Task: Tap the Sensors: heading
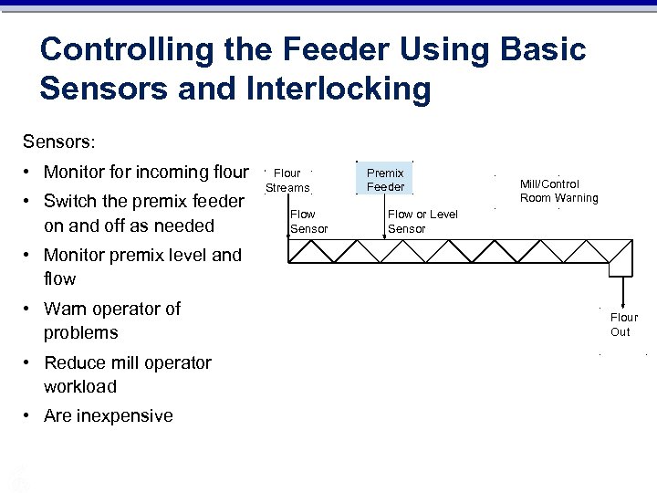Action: (59, 142)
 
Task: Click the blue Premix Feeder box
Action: (385, 180)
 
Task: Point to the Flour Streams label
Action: (287, 180)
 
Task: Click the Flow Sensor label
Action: (308, 221)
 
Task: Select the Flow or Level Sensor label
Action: (422, 221)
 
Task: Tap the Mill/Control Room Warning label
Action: (558, 191)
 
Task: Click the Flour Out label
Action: (624, 324)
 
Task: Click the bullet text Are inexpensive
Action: (109, 416)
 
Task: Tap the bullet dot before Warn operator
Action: (30, 309)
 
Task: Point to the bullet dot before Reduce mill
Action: (30, 363)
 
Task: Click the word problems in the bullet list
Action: (81, 332)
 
